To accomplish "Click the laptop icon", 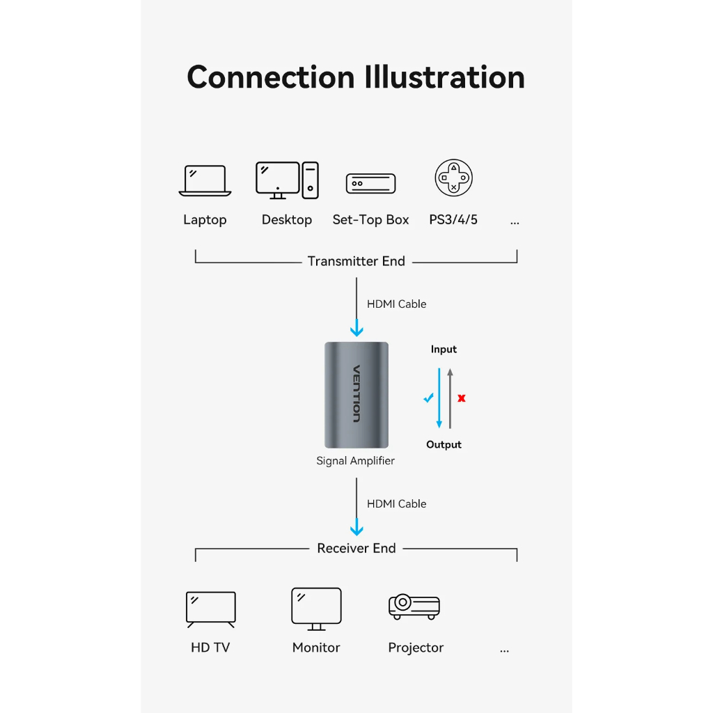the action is [205, 180].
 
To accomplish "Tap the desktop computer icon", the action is [287, 180].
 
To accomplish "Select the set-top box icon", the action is [370, 183].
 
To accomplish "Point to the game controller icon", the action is [453, 178].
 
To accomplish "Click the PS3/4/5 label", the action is [453, 219].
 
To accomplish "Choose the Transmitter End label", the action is [356, 261].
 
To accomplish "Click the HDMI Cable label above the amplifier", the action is [396, 304].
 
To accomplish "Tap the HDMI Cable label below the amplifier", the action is [396, 504].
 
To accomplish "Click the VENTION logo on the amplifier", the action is [356, 394].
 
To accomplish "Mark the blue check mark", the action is [428, 398].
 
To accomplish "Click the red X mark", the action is [462, 398].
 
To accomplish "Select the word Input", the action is [444, 350].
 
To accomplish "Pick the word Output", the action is [444, 445].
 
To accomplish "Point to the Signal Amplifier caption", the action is [356, 461].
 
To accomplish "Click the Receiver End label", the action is [356, 549].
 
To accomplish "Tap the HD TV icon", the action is [211, 609].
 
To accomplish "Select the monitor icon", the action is [317, 609].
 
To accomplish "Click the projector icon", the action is [414, 606].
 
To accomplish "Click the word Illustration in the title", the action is [444, 77].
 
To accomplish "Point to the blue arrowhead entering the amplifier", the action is [356, 329].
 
